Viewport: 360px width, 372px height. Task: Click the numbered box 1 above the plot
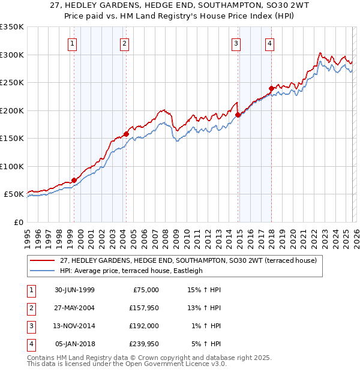coord(72,43)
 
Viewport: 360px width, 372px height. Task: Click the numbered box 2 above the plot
coord(124,43)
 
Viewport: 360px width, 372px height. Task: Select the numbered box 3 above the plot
coord(236,43)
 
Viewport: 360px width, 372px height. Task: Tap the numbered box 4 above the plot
coord(270,43)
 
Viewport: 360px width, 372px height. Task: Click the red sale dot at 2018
coord(271,88)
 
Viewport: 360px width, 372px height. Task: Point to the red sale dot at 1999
coord(74,180)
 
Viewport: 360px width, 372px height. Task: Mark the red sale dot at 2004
coord(126,134)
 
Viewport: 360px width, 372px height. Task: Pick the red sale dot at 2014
coord(238,115)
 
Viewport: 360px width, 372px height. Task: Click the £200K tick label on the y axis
coord(11,110)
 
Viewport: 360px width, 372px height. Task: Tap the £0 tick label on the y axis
coord(18,223)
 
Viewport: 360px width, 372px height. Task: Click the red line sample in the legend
coord(43,260)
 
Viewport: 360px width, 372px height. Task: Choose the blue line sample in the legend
coord(43,271)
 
